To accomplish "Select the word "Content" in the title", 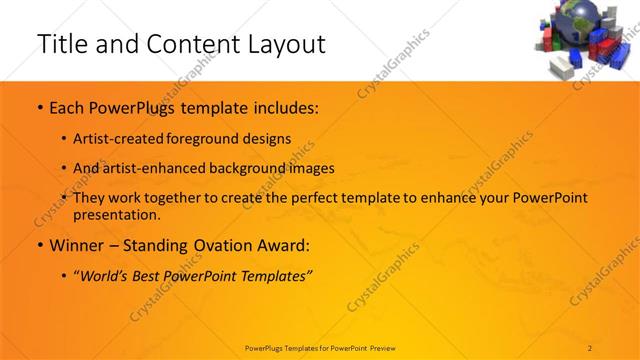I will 186,44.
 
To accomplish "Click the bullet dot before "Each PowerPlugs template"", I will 39,106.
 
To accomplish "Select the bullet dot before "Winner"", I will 39,245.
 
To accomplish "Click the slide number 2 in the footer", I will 590,347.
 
